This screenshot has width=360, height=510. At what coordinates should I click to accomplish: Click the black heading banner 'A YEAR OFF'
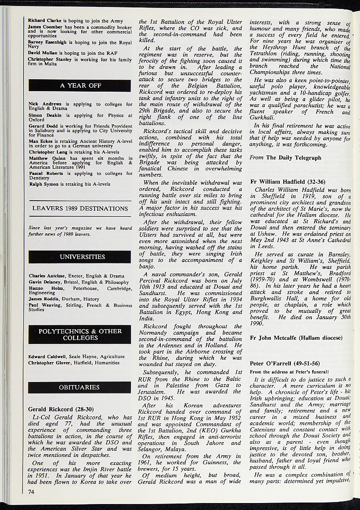[x=80, y=86]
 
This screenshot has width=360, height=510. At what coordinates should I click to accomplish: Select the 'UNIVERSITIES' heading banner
[x=80, y=257]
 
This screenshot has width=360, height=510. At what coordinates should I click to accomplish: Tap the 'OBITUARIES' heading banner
[x=80, y=387]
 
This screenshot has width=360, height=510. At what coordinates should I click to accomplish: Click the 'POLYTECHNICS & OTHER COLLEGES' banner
[x=80, y=335]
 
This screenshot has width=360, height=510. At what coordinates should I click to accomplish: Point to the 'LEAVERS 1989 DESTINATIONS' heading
[x=80, y=208]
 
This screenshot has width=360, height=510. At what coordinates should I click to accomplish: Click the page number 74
[x=31, y=492]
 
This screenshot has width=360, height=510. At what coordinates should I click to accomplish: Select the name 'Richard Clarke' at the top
[x=43, y=20]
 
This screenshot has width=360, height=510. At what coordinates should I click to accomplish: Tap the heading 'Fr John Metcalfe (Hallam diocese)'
[x=296, y=338]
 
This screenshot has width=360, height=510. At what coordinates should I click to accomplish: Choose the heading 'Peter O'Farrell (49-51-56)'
[x=284, y=363]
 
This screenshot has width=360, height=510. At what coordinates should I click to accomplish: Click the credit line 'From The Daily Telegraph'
[x=286, y=158]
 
